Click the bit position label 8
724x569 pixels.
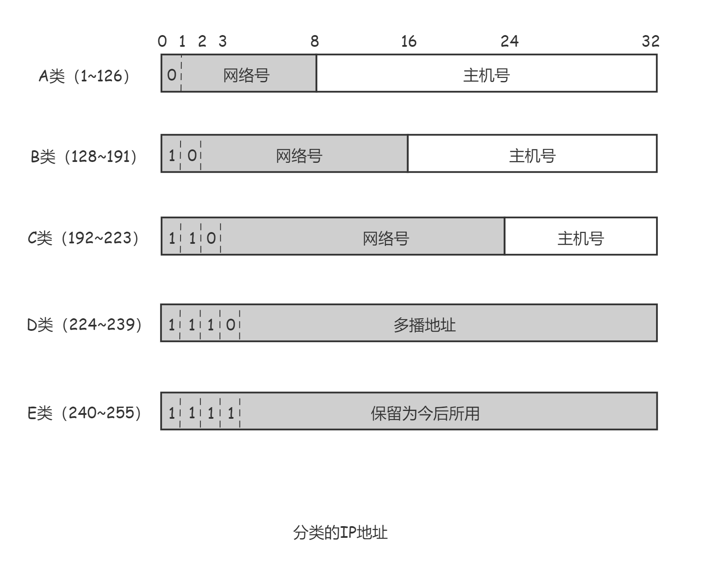tap(315, 41)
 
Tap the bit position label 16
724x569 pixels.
tap(409, 41)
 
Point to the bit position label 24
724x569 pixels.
tap(510, 41)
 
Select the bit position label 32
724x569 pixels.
tap(650, 41)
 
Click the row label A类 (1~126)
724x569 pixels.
tap(84, 76)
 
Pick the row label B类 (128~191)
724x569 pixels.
tap(84, 156)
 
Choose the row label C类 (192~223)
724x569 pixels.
tap(84, 238)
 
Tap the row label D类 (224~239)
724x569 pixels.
tap(84, 324)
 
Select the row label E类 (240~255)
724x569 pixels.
tap(84, 413)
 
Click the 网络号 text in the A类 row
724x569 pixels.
tap(246, 75)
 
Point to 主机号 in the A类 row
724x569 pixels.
tap(486, 75)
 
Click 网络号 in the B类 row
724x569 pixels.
tap(299, 156)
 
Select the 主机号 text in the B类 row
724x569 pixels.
tap(532, 156)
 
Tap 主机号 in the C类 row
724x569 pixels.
tap(581, 238)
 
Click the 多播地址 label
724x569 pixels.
tap(424, 325)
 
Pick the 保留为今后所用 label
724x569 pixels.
tap(425, 414)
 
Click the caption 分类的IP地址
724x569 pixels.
tap(340, 533)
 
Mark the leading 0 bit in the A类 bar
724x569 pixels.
tap(171, 75)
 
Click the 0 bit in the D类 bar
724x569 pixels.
tap(230, 325)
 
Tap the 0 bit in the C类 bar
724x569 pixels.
tap(211, 238)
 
